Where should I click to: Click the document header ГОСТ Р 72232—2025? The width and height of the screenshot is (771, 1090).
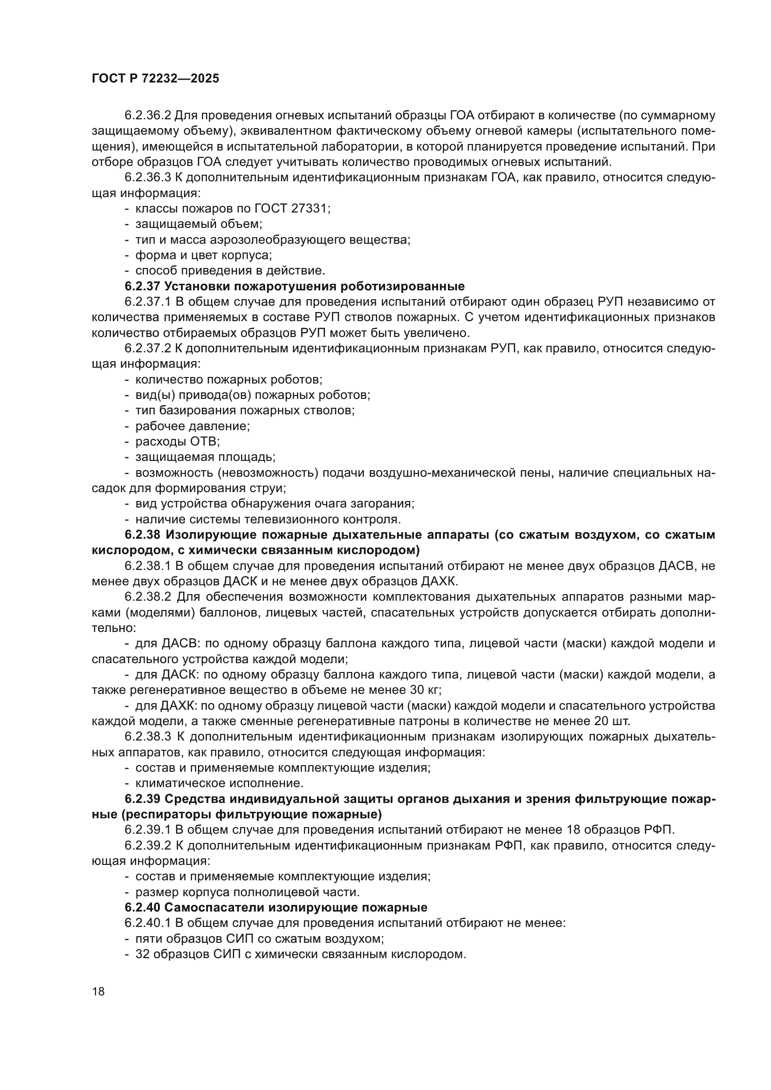pos(156,79)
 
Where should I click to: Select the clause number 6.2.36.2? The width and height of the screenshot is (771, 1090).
pos(148,116)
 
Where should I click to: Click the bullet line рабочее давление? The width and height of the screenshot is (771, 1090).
pos(192,426)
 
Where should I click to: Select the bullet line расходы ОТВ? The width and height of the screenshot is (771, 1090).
pos(178,441)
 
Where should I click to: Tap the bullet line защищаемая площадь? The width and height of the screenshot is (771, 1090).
pos(205,457)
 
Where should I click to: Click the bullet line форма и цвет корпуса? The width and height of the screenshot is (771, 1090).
pos(203,255)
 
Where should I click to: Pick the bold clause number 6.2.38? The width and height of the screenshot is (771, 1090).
pos(143,535)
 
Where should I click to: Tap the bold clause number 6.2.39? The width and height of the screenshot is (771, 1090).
pos(143,799)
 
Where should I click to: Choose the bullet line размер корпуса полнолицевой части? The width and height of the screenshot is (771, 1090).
pos(248,891)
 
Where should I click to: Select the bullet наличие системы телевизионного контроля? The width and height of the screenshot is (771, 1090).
pos(268,519)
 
